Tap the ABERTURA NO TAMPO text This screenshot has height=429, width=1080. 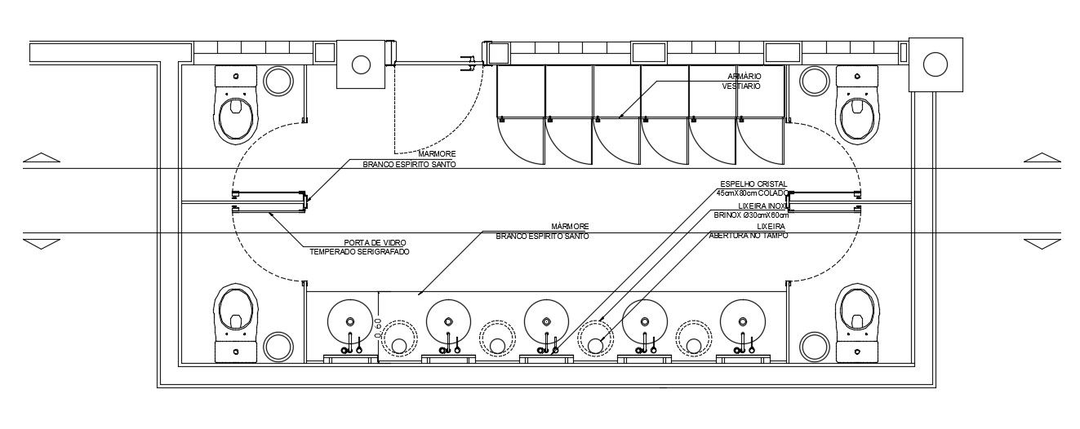(749, 235)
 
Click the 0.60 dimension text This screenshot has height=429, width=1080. (378, 328)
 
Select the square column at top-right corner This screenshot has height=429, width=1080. (935, 64)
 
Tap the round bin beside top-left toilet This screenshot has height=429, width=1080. (278, 82)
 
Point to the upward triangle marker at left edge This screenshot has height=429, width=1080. (42, 157)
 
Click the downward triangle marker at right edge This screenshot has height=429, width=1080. (1042, 244)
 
